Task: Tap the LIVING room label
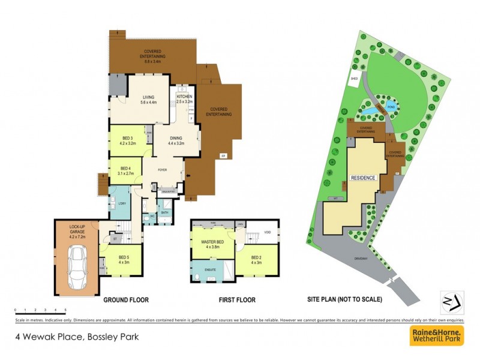point(148,98)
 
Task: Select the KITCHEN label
point(184,97)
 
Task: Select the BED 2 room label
point(256,259)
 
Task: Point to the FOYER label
point(162,170)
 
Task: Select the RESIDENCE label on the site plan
point(363,178)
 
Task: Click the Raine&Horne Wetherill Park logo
point(436,336)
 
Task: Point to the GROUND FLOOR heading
point(125,299)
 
